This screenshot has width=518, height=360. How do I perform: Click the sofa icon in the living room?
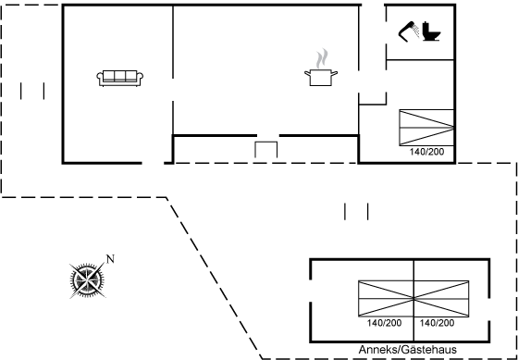pyautogui.click(x=119, y=79)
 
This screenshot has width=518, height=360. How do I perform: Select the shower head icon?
pyautogui.click(x=409, y=31)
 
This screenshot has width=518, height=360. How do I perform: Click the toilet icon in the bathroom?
pyautogui.click(x=431, y=31)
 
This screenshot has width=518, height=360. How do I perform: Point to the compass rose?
pyautogui.click(x=87, y=280)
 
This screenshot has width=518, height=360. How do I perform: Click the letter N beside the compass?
pyautogui.click(x=110, y=259)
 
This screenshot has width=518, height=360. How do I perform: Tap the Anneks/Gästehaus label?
pyautogui.click(x=408, y=350)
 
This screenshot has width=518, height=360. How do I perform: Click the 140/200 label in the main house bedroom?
pyautogui.click(x=426, y=152)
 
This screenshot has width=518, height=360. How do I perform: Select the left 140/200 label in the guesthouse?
pyautogui.click(x=384, y=323)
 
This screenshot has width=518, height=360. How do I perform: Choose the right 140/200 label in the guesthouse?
pyautogui.click(x=437, y=323)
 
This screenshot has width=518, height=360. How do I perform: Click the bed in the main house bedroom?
pyautogui.click(x=426, y=128)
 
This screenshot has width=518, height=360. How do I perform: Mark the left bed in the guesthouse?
pyautogui.click(x=386, y=299)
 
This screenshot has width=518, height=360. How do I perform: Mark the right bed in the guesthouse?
pyautogui.click(x=441, y=299)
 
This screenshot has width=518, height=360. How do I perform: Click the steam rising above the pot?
pyautogui.click(x=322, y=58)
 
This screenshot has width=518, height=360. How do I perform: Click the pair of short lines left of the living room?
pyautogui.click(x=32, y=91)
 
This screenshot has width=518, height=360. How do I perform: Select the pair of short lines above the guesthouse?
pyautogui.click(x=356, y=212)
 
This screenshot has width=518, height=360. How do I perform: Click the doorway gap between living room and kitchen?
pyautogui.click(x=173, y=90)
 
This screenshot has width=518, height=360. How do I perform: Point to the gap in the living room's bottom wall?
pyautogui.click(x=153, y=163)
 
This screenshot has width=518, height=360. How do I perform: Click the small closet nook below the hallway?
pyautogui.click(x=373, y=99)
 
